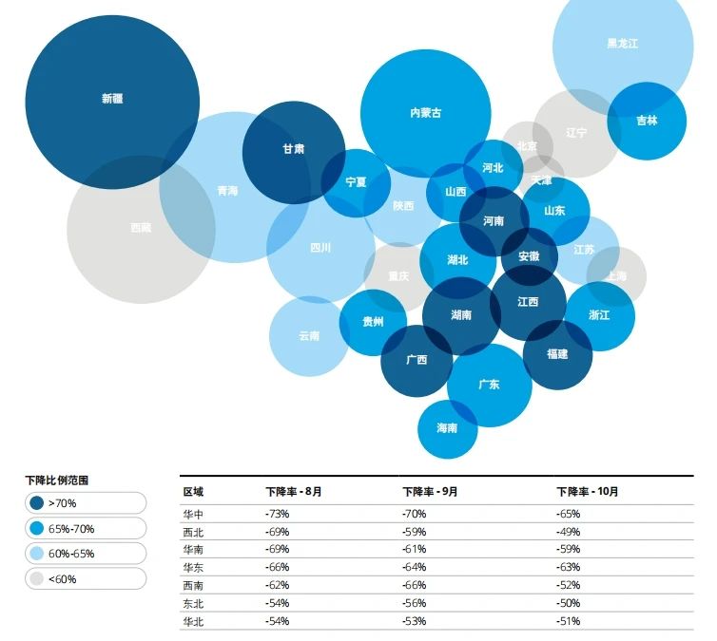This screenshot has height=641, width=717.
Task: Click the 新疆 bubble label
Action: coord(111,98)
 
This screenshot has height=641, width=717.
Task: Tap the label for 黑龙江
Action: coord(623,43)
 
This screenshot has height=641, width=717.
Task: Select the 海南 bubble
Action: coord(447,428)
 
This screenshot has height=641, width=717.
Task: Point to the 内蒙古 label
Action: coord(425,113)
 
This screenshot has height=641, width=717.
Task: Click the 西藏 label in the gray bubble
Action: coord(141,228)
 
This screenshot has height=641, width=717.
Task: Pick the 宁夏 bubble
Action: coord(356,182)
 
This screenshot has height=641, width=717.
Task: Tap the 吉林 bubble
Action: coord(647,122)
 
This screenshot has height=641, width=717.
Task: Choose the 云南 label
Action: coord(309,336)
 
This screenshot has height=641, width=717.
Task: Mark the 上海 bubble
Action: coord(617,275)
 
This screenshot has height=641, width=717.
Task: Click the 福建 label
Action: coord(557,354)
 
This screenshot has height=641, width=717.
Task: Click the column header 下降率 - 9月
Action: coord(430,492)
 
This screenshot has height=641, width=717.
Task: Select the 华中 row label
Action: coord(193,514)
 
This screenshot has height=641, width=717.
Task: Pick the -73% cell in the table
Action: coord(278,514)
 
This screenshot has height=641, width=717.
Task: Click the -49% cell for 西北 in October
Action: coord(568,532)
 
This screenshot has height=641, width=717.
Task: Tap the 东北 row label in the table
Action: coord(193,604)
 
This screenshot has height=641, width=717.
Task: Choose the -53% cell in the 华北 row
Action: coord(414,622)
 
